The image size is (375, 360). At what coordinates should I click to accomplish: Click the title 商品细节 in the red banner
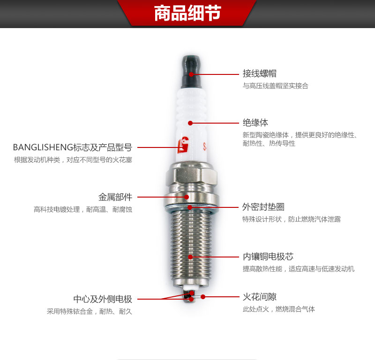(187, 13)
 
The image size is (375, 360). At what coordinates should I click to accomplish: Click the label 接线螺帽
(260, 73)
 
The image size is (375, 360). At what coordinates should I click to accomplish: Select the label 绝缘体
(255, 123)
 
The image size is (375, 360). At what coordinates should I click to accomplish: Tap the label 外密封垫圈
(263, 207)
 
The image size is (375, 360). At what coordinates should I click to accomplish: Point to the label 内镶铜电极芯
(268, 257)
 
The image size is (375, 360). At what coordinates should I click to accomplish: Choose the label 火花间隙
(260, 297)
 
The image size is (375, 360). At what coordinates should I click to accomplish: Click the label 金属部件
(115, 197)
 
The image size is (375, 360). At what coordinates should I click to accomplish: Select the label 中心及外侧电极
(103, 299)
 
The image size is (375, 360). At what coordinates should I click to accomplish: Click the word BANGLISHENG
(43, 147)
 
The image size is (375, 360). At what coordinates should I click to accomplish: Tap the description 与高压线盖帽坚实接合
(276, 86)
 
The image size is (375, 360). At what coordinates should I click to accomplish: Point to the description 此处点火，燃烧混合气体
(279, 309)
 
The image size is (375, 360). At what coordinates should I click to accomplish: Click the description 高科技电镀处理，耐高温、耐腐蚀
(83, 209)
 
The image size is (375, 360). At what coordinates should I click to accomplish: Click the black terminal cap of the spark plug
(191, 72)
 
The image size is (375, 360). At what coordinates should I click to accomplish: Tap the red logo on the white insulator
(183, 145)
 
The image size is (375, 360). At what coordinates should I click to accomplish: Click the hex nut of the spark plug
(192, 176)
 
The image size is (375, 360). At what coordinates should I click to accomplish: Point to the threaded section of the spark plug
(191, 246)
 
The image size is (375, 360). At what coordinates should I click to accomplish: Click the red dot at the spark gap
(203, 297)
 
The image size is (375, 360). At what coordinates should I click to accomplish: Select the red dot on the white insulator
(190, 123)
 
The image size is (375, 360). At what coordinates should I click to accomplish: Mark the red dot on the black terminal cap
(191, 74)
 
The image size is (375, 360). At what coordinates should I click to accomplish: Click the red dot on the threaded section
(190, 257)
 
